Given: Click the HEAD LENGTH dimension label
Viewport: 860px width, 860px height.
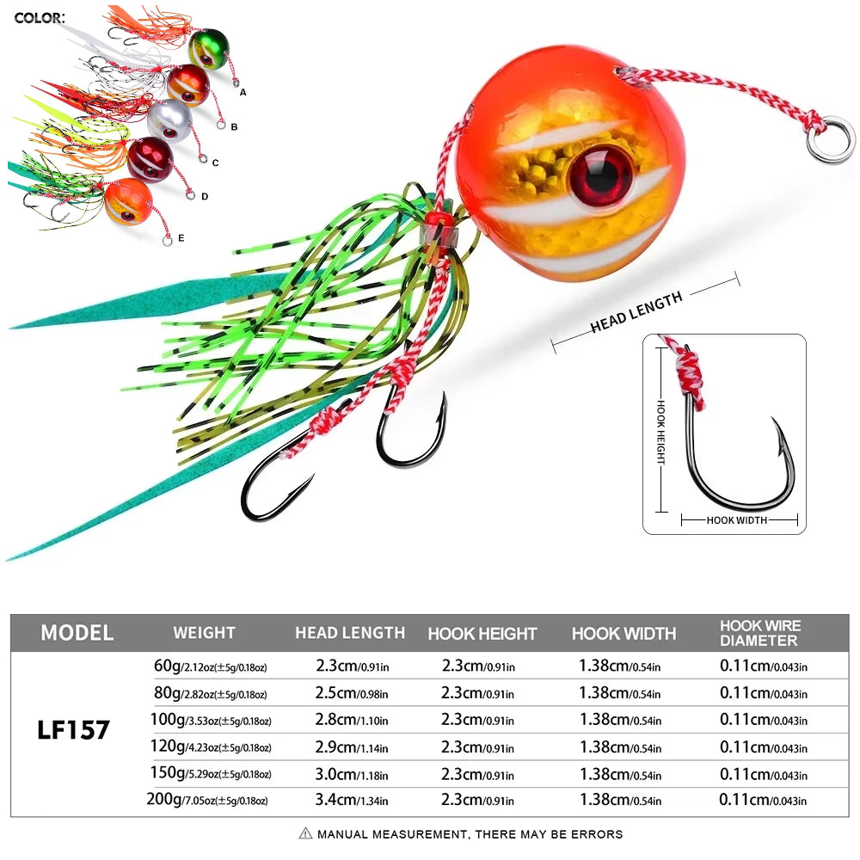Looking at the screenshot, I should click(636, 311).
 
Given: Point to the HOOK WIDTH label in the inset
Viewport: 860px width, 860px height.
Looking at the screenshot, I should click(738, 520).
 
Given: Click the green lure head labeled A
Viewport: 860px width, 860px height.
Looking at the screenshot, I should click(208, 49).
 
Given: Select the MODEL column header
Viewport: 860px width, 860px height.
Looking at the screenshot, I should click(77, 633).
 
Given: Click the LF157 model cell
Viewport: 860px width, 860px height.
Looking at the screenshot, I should click(74, 730).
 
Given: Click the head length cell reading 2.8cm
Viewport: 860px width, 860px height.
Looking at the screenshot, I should click(349, 719).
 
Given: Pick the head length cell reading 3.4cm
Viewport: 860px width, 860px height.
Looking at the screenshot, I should click(349, 800).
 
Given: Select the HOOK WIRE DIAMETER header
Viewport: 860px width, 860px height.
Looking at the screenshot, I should click(760, 633).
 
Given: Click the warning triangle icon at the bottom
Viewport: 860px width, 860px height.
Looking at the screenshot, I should click(305, 833).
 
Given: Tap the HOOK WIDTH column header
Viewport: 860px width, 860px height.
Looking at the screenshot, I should click(623, 634).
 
